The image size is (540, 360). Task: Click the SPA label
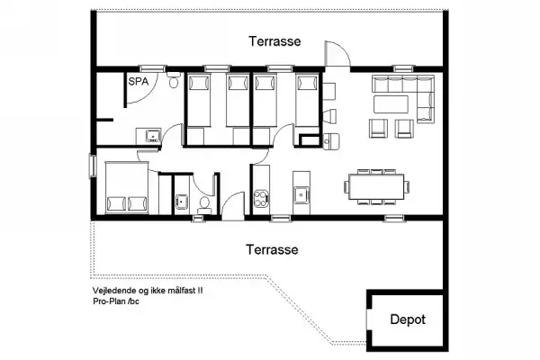coord(138,82)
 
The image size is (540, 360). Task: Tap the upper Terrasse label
coord(274,41)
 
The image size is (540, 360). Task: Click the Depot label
coord(407,319)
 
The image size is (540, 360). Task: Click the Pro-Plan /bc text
coord(115,301)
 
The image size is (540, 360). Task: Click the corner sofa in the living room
coord(405,90)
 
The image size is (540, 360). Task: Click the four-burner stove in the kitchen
coord(262,194)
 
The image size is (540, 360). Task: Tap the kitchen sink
coord(301,193)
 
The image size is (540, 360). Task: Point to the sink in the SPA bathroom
coord(152,137)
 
